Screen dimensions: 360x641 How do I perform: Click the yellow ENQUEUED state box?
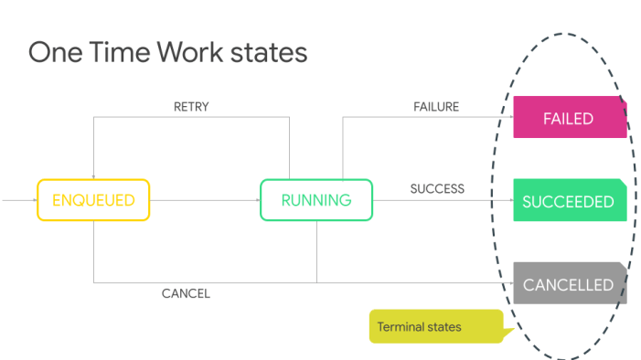point(93,200)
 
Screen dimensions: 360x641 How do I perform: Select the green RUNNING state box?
point(316,200)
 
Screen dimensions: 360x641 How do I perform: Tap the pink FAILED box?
point(568,118)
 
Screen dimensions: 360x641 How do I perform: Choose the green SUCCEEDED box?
point(568,201)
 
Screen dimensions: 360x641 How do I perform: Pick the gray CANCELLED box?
point(568,284)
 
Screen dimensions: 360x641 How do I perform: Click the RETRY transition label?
point(191,107)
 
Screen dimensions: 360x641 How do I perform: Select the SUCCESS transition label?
point(437,189)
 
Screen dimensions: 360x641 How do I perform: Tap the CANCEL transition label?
point(186,293)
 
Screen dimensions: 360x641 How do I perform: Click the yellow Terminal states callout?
point(435,326)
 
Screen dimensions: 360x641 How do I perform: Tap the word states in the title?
point(272,52)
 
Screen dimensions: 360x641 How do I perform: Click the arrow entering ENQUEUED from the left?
point(18,200)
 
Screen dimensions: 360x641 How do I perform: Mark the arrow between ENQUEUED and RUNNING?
point(204,200)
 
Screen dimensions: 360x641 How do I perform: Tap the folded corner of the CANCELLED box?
point(623,267)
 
